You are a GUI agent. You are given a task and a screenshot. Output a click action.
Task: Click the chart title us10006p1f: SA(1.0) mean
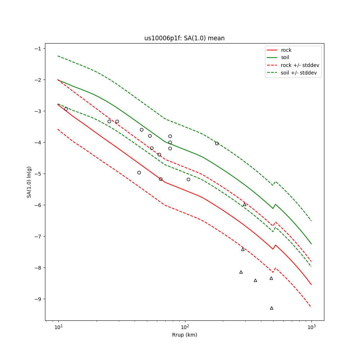click(x=184, y=38)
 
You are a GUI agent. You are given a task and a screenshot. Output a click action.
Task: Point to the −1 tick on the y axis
click(x=37, y=49)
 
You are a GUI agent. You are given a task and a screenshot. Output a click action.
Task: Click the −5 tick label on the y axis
click(x=37, y=174)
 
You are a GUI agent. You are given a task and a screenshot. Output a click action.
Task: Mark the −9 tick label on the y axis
click(x=37, y=299)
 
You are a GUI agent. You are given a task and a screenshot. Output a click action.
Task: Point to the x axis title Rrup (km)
click(x=184, y=335)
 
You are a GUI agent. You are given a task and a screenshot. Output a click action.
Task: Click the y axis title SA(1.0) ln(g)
click(x=29, y=182)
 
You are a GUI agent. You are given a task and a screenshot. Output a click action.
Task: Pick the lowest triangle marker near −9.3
click(x=271, y=308)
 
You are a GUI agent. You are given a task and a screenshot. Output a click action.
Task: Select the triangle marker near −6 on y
click(x=244, y=204)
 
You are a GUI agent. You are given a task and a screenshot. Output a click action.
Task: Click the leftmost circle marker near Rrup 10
click(x=66, y=109)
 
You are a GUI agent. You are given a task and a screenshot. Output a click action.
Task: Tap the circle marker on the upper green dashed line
click(x=217, y=143)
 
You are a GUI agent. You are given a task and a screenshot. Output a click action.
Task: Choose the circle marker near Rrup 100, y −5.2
click(x=188, y=179)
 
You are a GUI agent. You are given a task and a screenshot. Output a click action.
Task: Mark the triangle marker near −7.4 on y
click(x=243, y=249)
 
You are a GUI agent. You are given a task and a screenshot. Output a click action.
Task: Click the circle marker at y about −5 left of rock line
click(x=139, y=172)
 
